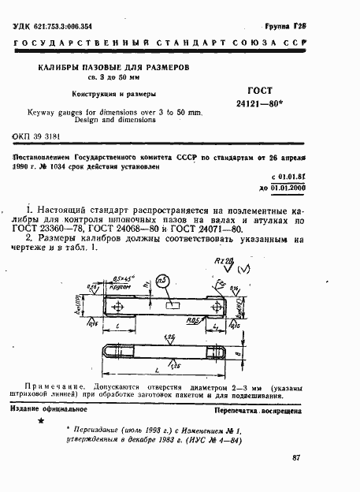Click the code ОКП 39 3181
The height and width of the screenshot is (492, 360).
click(x=38, y=136)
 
